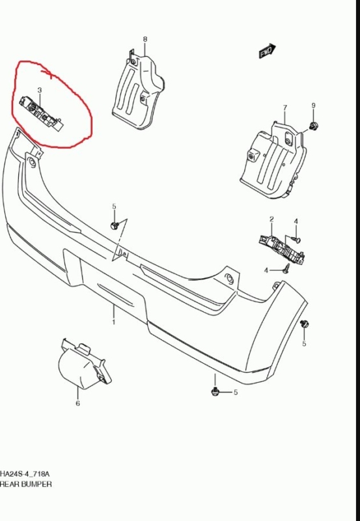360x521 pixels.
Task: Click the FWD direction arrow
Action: pos(268,51)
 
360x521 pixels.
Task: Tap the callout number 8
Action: pos(145,39)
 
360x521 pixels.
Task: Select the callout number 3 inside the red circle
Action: pos(40,90)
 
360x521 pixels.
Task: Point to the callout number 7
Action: pos(285,108)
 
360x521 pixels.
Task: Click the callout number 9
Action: pos(313,106)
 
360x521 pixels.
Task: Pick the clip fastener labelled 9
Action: pos(313,126)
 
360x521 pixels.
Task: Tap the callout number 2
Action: pos(271,219)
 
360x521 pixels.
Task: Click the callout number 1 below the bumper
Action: pos(113,322)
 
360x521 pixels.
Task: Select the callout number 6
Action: pos(77,403)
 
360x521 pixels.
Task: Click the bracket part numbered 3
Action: pos(40,113)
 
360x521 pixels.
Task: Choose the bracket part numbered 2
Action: pos(282,249)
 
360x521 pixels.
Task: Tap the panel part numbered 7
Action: pos(273,161)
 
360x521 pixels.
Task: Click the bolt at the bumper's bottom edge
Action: pos(215,391)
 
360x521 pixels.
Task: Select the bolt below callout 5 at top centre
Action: pos(114,225)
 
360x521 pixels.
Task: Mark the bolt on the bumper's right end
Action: pos(304,323)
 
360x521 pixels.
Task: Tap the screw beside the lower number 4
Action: pos(285,268)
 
